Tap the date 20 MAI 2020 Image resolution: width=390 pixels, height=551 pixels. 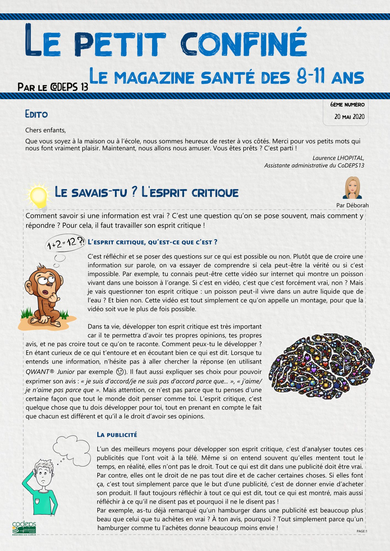(349, 117)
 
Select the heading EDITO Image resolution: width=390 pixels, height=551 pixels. (36, 114)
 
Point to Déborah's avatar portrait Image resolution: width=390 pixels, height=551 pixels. (352, 188)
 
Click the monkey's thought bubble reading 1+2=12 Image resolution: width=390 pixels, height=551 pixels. (66, 243)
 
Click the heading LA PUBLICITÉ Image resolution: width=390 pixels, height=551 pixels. (117, 435)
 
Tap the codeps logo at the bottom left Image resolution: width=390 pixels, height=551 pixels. (24, 528)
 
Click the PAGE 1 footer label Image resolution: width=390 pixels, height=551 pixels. (362, 531)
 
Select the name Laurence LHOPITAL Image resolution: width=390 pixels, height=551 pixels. (338, 158)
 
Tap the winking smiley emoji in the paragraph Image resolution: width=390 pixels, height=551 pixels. (120, 372)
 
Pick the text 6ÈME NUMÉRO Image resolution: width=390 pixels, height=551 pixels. (347, 104)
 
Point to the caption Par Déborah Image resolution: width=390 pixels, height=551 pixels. (352, 205)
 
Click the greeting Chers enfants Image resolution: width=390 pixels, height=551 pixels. (45, 130)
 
